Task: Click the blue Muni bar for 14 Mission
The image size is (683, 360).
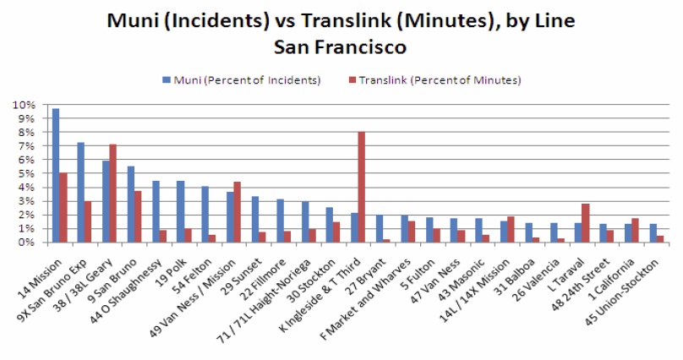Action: tap(56, 175)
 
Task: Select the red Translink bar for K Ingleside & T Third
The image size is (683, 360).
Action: tap(361, 187)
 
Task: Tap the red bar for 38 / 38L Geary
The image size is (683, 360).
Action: tap(112, 194)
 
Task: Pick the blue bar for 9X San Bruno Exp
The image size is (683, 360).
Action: tap(80, 192)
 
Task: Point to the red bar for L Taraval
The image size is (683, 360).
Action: tap(585, 223)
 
